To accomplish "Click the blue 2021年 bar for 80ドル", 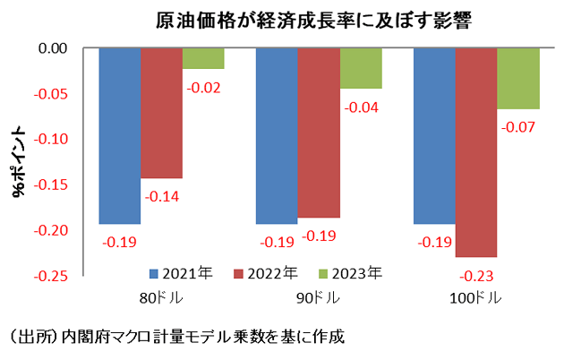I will point(119,135).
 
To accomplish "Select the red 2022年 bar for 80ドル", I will point(161,113).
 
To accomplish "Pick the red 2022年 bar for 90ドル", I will point(319,133).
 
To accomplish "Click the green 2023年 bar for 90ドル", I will point(361,68).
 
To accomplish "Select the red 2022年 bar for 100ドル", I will point(476,152).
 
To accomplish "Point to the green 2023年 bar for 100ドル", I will point(518,79).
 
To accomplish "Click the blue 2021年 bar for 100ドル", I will point(434,135).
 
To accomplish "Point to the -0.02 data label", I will point(204,88).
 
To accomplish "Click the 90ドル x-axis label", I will point(319,297).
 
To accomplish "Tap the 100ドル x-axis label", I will point(477,297).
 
